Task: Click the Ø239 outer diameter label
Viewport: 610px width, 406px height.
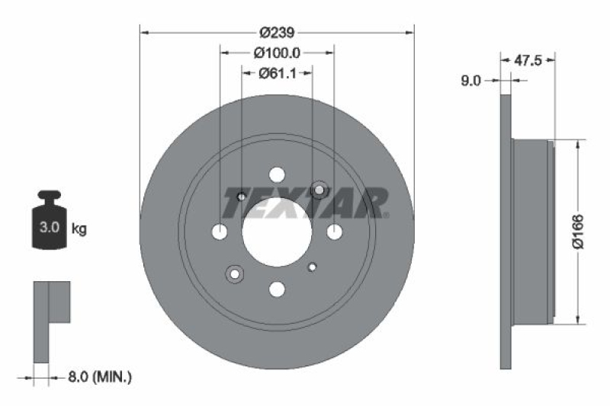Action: (276, 32)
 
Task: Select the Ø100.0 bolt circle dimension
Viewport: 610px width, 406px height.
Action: (276, 53)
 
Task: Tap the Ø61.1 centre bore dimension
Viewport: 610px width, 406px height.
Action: (276, 73)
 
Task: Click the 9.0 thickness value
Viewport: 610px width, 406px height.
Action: (470, 80)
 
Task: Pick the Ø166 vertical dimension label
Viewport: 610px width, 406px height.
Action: (577, 232)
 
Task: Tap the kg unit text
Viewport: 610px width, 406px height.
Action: (79, 228)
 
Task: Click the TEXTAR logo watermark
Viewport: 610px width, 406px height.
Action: (305, 203)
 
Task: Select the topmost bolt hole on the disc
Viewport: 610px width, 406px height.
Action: (277, 174)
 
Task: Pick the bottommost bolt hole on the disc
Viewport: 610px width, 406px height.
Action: (277, 288)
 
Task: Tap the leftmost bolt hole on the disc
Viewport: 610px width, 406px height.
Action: (220, 232)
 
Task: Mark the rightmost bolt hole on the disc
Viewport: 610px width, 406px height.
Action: (333, 232)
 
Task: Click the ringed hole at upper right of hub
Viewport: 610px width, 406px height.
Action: (319, 189)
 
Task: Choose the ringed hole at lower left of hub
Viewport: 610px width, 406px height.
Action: (234, 273)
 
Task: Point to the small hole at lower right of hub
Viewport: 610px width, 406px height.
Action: (312, 267)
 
